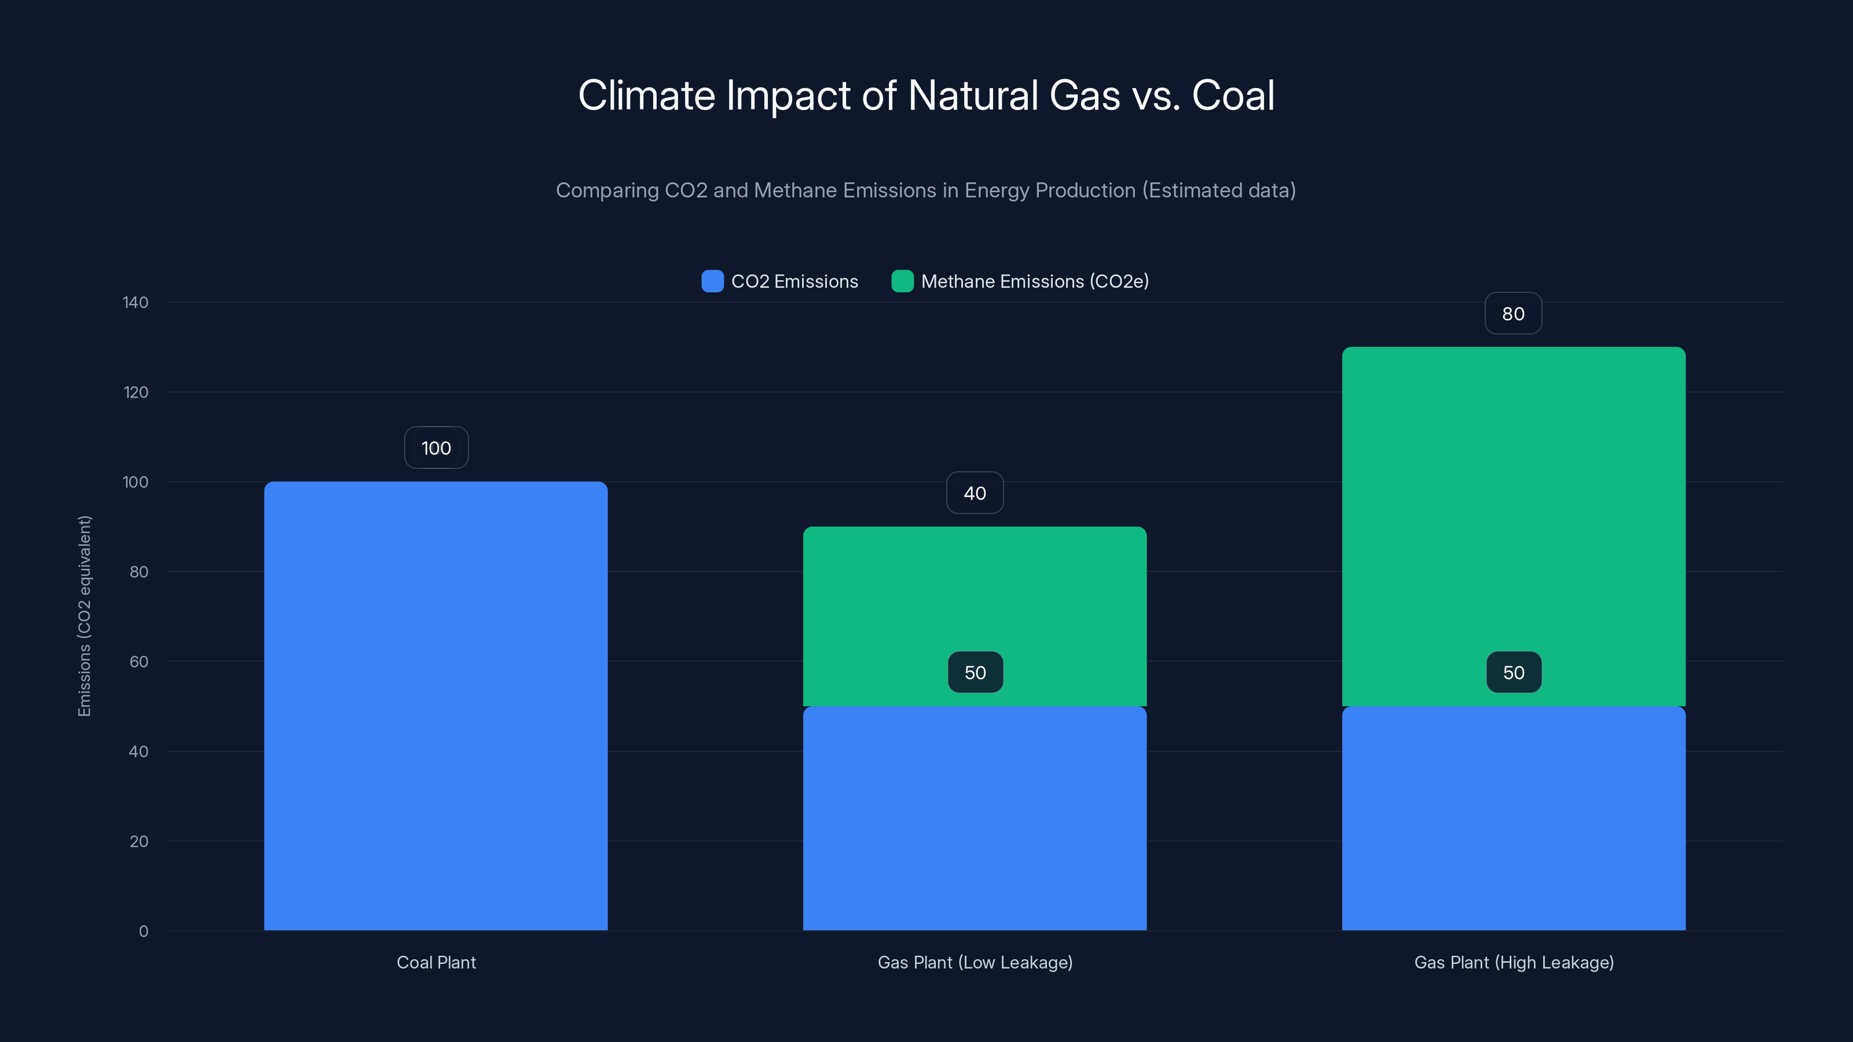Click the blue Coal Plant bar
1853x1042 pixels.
click(x=436, y=705)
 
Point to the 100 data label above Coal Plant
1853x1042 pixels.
click(x=436, y=448)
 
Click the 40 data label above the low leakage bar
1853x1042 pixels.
click(x=975, y=493)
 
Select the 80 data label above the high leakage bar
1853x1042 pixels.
click(x=1514, y=314)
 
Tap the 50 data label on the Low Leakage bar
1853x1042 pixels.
click(x=975, y=672)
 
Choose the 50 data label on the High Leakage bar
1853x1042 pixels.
click(x=1514, y=672)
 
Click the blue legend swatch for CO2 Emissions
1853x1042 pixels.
click(x=712, y=281)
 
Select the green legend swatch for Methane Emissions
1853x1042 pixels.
click(x=902, y=281)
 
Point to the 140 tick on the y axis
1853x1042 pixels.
click(x=136, y=302)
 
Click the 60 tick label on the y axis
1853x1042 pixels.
click(x=139, y=662)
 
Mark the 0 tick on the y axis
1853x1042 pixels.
click(x=143, y=931)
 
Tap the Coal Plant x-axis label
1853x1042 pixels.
click(x=436, y=962)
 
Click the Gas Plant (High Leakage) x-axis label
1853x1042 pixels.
click(x=1514, y=962)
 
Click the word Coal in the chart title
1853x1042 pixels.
click(x=1233, y=96)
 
